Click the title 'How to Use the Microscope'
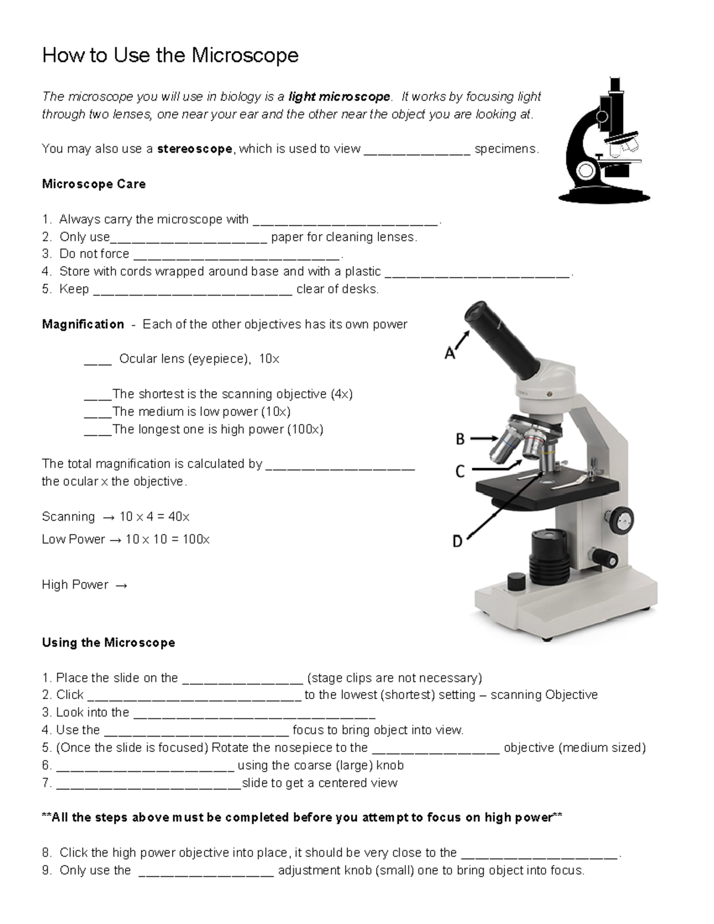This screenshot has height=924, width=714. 170,56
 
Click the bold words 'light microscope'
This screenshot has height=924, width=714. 339,97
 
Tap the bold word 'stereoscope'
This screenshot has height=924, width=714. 195,149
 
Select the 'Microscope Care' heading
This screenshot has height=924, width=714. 94,184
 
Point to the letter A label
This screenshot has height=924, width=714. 450,354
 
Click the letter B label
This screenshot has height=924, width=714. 460,440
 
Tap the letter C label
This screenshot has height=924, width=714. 460,472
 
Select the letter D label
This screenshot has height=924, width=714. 457,541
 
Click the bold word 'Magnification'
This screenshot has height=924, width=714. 83,324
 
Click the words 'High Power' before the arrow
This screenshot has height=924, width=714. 75,585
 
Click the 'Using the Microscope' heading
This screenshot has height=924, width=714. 108,643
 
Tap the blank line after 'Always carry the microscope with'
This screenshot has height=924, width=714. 346,221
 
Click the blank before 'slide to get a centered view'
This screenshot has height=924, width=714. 148,784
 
